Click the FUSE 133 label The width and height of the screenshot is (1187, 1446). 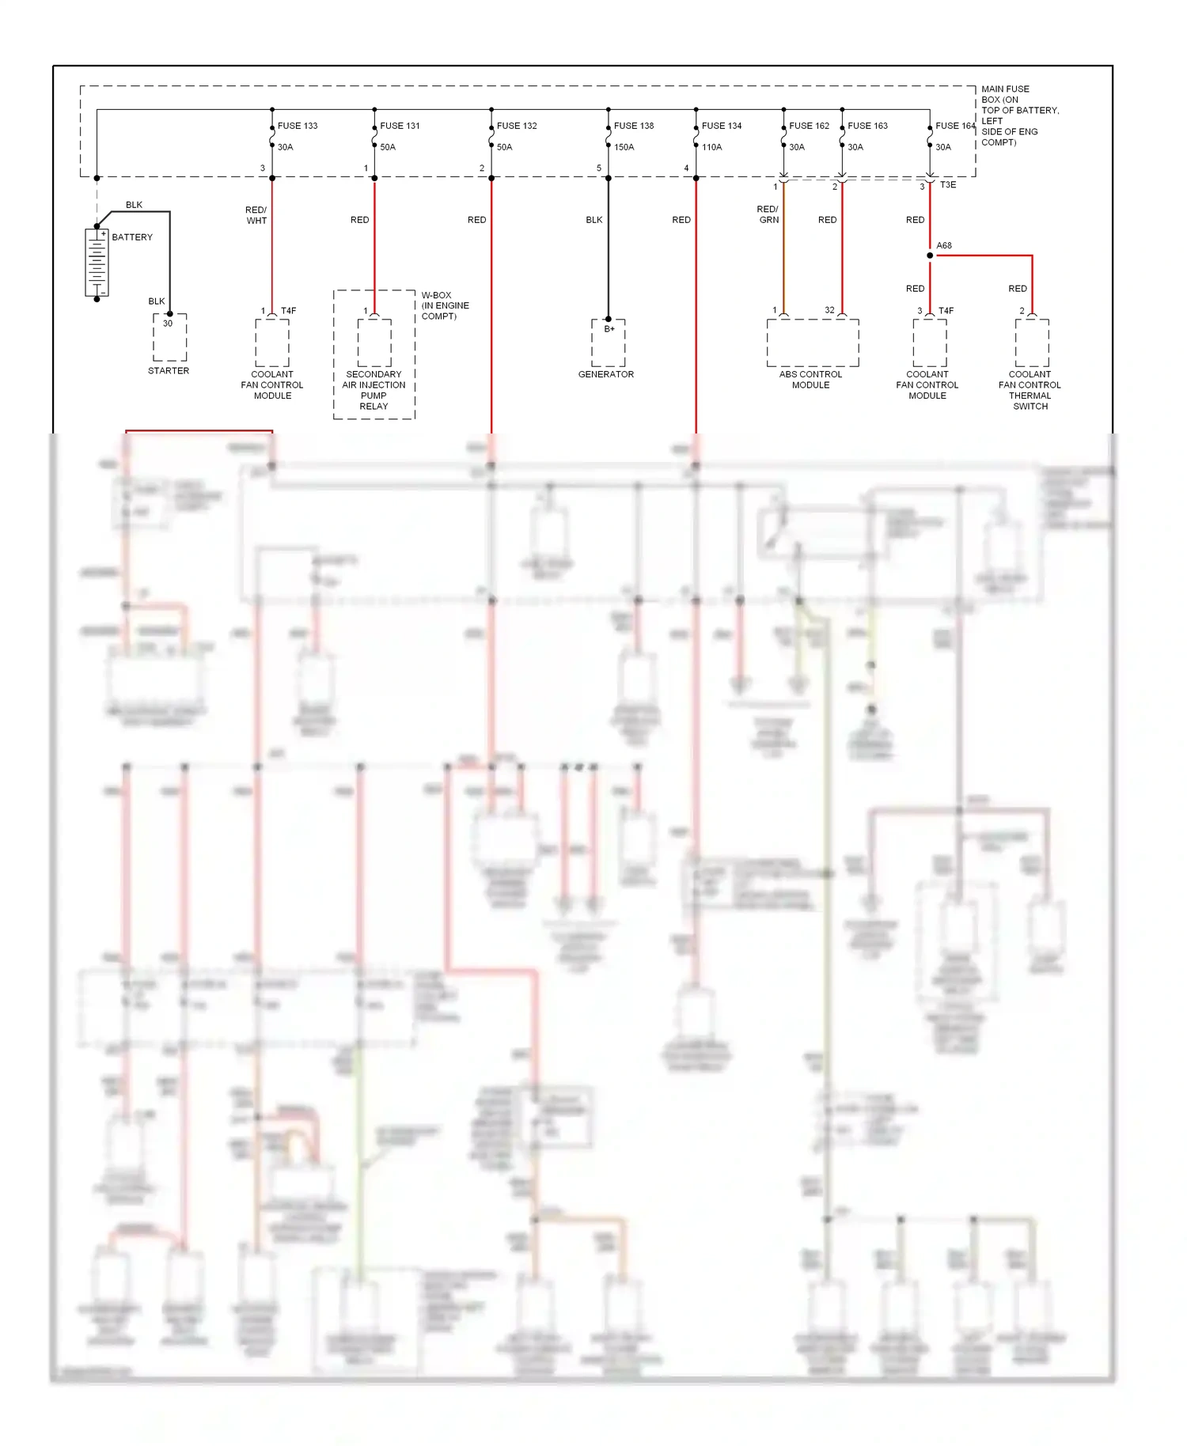(297, 126)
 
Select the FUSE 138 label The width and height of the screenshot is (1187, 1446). (633, 126)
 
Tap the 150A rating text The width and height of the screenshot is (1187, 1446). (624, 147)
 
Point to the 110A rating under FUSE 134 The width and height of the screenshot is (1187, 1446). (711, 147)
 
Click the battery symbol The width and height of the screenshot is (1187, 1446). (97, 262)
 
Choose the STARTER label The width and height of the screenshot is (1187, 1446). (169, 370)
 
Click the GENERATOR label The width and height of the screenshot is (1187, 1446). (605, 374)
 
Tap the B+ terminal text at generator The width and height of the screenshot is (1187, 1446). (609, 328)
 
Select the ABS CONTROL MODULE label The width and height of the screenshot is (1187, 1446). (810, 380)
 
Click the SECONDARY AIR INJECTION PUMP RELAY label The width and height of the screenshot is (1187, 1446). (374, 390)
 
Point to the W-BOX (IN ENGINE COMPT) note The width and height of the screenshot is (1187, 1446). (445, 305)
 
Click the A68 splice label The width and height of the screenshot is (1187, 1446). (944, 245)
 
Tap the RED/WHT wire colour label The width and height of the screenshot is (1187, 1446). (256, 215)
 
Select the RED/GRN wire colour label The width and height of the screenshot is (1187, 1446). (768, 214)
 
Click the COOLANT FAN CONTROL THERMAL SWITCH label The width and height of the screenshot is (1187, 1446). (1030, 390)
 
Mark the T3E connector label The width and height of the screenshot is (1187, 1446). (948, 185)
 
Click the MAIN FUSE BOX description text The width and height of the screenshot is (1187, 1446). (1019, 115)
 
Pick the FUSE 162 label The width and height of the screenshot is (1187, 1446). (809, 126)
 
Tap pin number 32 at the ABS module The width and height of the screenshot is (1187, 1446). (829, 310)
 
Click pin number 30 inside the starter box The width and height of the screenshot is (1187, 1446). (168, 324)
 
